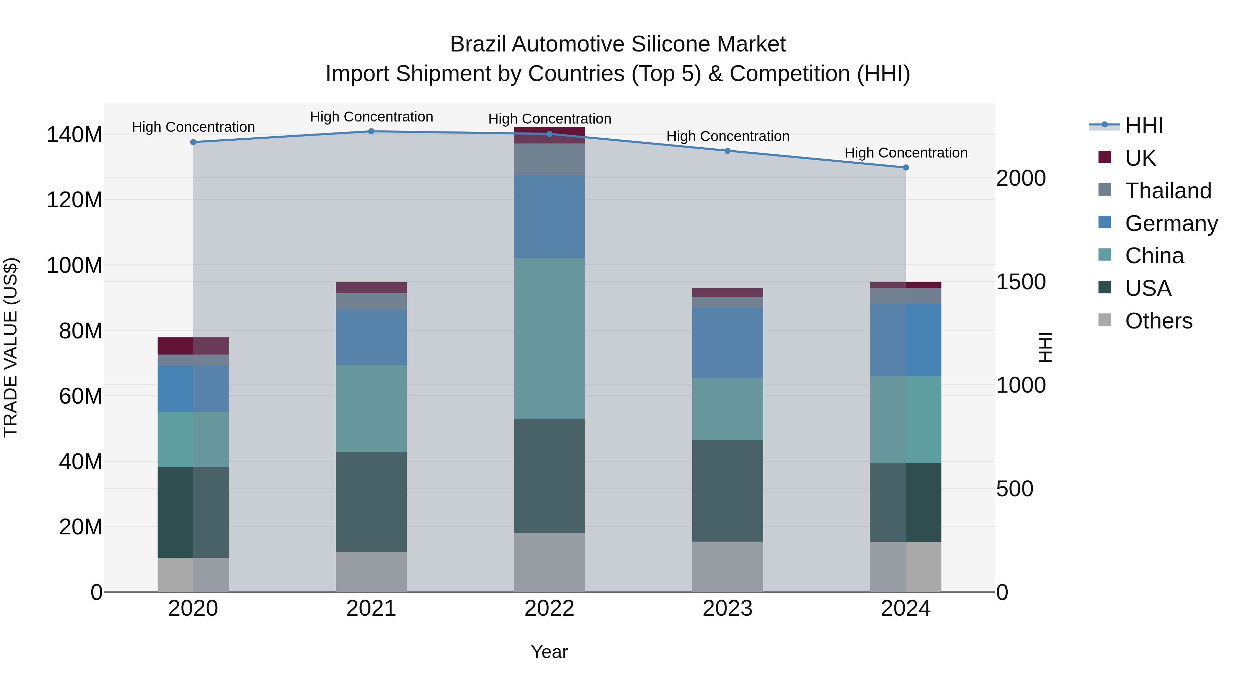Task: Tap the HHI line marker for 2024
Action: click(905, 167)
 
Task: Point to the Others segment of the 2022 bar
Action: click(549, 562)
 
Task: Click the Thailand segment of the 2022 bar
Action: click(549, 159)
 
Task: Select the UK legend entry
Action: click(1140, 158)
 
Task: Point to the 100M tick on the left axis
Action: click(75, 265)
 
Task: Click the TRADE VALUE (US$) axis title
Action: click(11, 347)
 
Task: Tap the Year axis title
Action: click(549, 652)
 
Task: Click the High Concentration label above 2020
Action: click(193, 127)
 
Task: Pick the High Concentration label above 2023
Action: click(728, 136)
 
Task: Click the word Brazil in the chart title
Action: click(478, 44)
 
